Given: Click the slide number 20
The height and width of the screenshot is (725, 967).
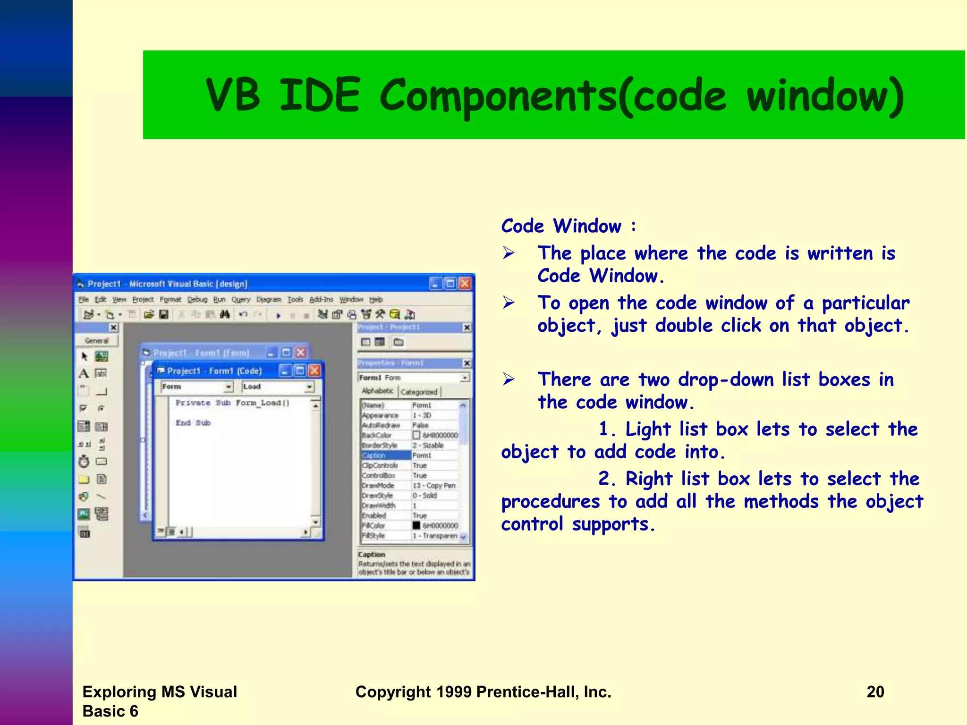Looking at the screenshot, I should coord(875,691).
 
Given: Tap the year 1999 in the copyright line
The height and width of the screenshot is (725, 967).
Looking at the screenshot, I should coord(454,691).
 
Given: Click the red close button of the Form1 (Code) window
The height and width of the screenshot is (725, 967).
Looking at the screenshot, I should coord(314,371).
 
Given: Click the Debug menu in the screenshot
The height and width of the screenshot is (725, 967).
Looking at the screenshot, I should coord(197,299).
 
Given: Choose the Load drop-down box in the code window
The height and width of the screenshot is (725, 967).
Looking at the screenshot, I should coord(278,387).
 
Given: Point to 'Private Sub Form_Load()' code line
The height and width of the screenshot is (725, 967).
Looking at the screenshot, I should coord(232,403).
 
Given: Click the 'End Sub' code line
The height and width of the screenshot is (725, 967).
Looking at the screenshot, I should coord(193,423).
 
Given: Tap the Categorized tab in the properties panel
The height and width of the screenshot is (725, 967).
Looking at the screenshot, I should coord(419,392).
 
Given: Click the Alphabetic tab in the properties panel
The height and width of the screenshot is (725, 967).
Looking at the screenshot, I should coord(377,391).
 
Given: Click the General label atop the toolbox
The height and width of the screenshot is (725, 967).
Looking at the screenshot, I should coord(97,340).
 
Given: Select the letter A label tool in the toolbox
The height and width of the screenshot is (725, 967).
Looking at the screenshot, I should coord(84,373).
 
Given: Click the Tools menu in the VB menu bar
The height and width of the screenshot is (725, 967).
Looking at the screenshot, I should coord(295,299).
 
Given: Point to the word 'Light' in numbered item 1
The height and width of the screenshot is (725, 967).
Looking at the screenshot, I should coord(648,429).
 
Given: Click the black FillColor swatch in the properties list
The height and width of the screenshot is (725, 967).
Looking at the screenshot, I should coord(416,525).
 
